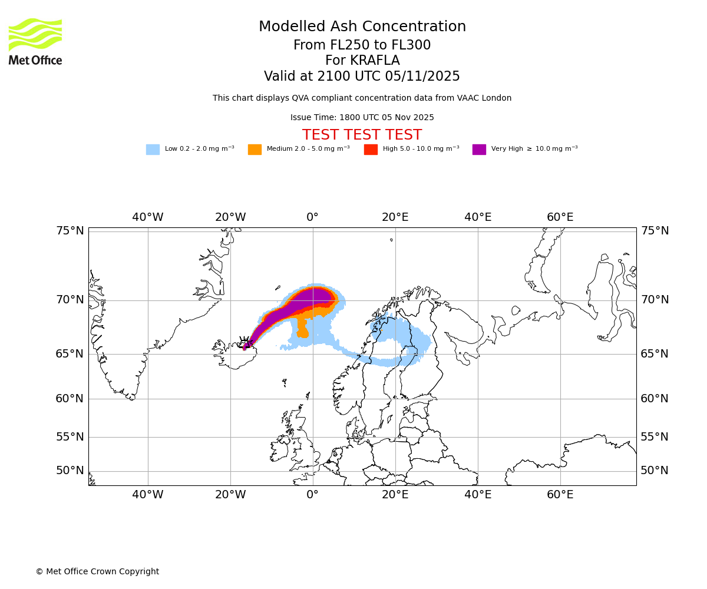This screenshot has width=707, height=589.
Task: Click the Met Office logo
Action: click(35, 41)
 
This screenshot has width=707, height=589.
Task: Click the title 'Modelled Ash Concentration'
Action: click(362, 27)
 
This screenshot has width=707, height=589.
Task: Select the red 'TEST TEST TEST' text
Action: click(362, 135)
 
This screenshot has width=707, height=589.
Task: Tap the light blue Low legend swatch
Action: click(153, 149)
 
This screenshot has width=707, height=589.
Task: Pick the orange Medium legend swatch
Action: click(255, 149)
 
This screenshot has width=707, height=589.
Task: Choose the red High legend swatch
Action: click(371, 149)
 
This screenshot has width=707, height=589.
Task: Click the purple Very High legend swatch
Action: click(479, 149)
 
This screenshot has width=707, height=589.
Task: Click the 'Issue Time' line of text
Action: click(362, 117)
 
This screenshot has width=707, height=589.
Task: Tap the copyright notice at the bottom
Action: click(97, 571)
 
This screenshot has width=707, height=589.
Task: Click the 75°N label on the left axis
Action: click(70, 231)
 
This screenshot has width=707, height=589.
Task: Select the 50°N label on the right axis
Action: click(655, 471)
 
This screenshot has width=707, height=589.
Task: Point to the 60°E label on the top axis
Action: click(560, 217)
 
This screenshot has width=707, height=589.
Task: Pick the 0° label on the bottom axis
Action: click(312, 495)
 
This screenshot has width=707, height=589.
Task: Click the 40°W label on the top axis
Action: click(147, 217)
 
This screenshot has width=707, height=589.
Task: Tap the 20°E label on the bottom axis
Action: click(395, 495)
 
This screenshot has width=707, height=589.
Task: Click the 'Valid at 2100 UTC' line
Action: click(362, 77)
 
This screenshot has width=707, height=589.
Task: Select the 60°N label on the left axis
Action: click(70, 399)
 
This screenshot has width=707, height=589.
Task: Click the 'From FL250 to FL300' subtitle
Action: click(362, 45)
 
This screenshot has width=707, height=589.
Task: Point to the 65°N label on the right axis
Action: click(655, 354)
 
